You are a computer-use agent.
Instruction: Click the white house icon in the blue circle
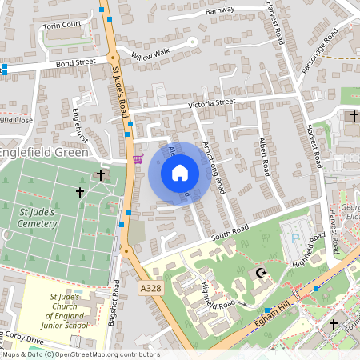coord(180,173)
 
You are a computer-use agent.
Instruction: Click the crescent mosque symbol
coord(259,273)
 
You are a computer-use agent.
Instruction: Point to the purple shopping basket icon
coord(138,158)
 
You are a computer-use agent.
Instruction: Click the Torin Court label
coord(63,25)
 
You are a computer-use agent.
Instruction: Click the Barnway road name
coord(220,10)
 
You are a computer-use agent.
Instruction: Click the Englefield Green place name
coord(42,150)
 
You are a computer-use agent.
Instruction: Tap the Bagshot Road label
coord(113,303)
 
